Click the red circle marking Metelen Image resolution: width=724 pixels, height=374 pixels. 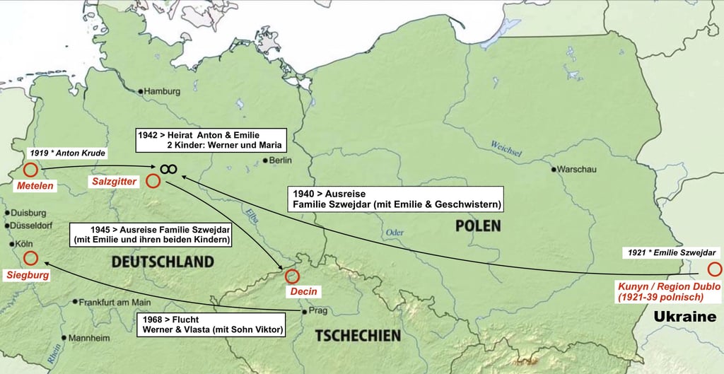point(30,170)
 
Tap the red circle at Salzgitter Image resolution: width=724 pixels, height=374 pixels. point(153,182)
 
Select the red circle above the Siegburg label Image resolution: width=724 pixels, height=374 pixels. point(30,258)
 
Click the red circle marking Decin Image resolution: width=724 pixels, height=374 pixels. point(292,276)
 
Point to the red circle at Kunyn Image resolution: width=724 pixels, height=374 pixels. point(714,269)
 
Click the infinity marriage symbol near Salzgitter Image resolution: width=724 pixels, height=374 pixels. point(168,168)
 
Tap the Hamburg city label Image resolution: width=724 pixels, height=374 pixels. point(163,91)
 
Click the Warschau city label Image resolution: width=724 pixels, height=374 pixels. point(578,170)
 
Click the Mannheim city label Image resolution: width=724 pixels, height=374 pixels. point(88,338)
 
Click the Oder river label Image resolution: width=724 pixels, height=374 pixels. point(395,233)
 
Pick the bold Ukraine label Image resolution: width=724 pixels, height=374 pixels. point(684,317)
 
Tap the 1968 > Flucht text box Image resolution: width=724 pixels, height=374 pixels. point(210,324)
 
